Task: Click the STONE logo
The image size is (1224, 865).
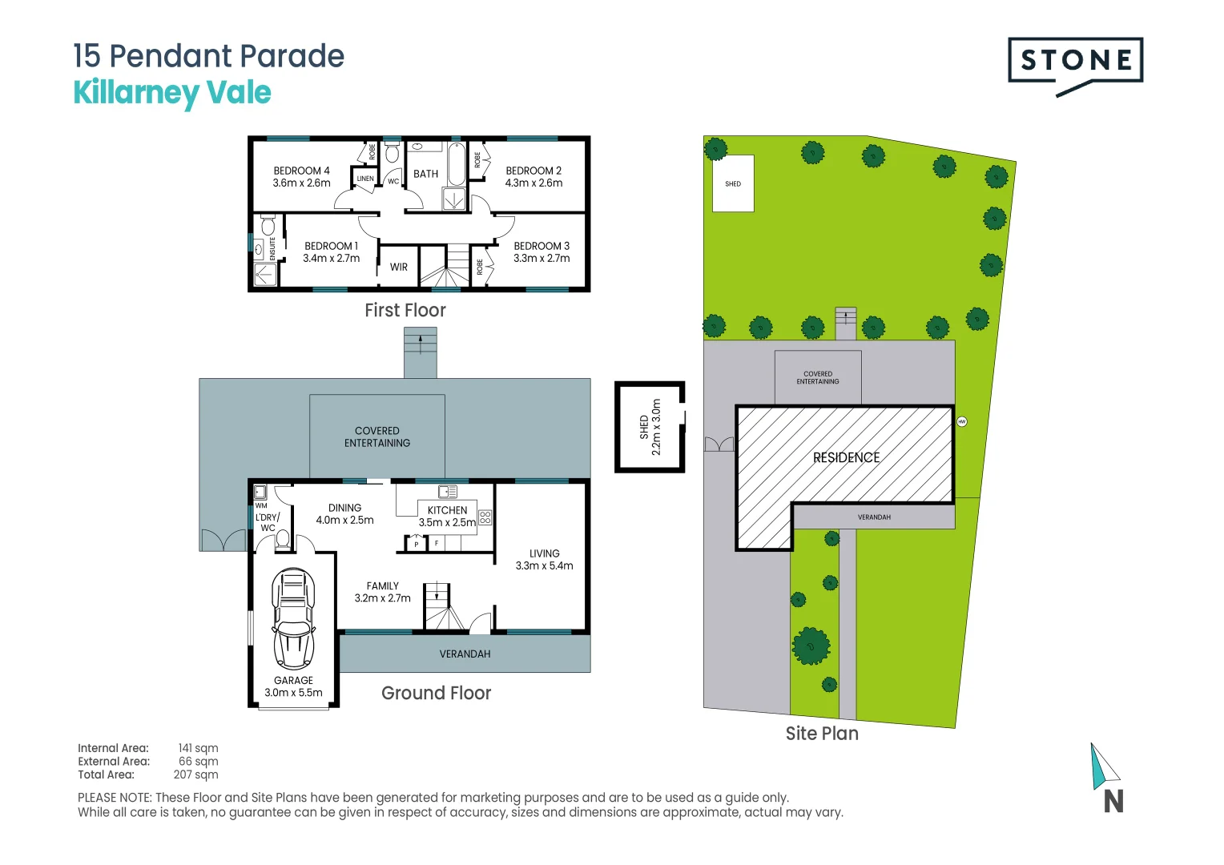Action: coord(1075,61)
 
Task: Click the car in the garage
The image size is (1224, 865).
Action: coord(293,618)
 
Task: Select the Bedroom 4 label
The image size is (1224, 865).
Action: coord(301,171)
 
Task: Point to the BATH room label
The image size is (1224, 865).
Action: coord(425,174)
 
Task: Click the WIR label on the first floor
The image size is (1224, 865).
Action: coord(399,268)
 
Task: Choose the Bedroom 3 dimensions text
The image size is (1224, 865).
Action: coord(542,259)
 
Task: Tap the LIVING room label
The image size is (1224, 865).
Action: coord(544,553)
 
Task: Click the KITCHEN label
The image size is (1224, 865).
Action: coord(447,510)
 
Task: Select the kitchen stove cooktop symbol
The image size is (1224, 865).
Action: coord(485,517)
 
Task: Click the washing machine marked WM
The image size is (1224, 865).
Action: coord(260,493)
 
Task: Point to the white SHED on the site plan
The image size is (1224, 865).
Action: coord(733,183)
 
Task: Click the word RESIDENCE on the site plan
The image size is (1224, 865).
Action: coord(846,457)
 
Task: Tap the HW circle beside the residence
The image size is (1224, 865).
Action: coord(962,421)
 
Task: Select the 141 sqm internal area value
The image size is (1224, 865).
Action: coord(198,748)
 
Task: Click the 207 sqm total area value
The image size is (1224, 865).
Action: coord(195,774)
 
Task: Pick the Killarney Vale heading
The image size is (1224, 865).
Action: coord(172,93)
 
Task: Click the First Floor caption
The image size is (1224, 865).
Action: coord(405,311)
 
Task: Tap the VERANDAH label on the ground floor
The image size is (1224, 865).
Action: coord(465,654)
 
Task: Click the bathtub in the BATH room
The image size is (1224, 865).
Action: coord(456,163)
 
